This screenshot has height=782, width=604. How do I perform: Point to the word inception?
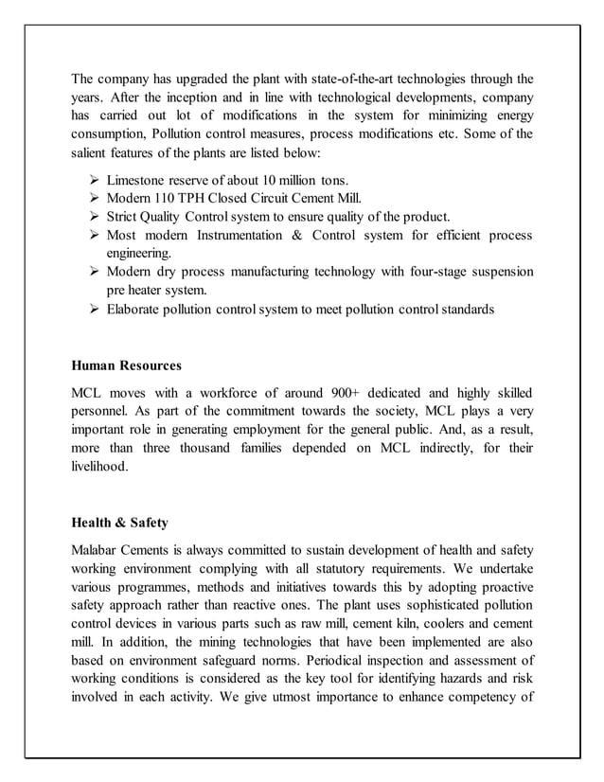(x=184, y=98)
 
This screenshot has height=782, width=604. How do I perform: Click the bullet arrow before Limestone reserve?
(x=93, y=180)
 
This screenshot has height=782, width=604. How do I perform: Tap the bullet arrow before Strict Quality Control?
(x=93, y=217)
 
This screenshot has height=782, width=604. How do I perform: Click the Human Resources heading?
(x=127, y=364)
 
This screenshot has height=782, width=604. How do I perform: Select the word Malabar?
(x=97, y=548)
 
